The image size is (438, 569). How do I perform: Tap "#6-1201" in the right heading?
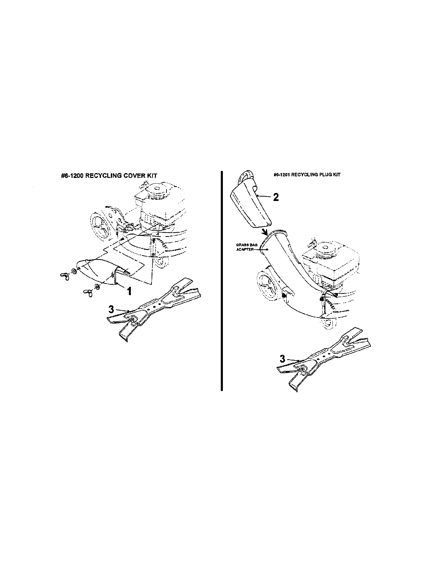[x=282, y=175]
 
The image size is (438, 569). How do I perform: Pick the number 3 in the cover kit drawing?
[x=111, y=309]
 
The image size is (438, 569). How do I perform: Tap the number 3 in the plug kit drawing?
[x=283, y=359]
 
